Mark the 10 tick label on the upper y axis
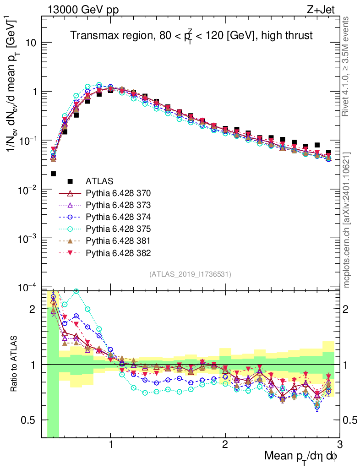30,43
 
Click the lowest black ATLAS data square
53,174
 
